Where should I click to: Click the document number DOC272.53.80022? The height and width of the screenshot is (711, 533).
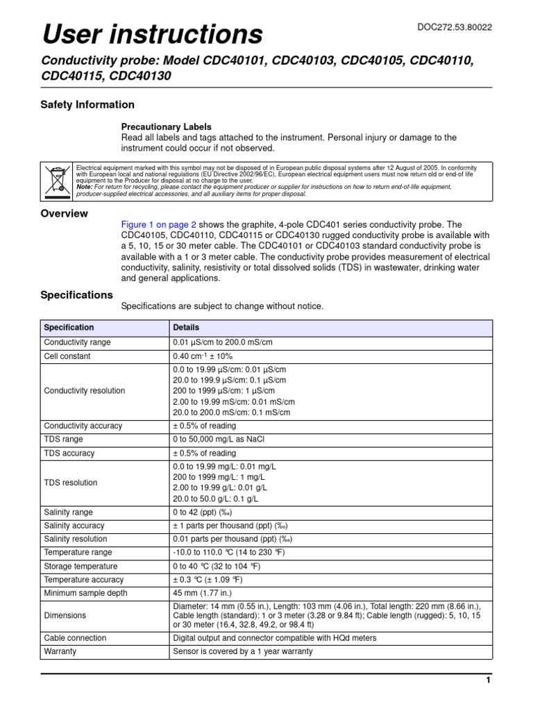tap(455, 27)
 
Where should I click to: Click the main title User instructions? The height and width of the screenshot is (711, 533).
tap(153, 33)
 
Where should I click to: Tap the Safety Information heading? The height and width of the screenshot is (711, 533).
tap(87, 105)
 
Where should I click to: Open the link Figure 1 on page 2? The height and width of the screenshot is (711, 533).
tap(159, 225)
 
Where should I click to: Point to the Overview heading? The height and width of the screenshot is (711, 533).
tap(65, 214)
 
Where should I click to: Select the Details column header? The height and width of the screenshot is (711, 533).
tap(186, 328)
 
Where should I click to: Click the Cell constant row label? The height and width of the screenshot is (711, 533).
tap(67, 356)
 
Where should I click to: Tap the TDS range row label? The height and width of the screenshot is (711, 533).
tap(64, 440)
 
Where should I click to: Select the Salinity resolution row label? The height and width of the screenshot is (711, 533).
tap(76, 539)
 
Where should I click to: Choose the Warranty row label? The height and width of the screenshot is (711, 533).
tap(60, 652)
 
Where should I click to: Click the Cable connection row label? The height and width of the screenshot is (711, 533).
tap(75, 637)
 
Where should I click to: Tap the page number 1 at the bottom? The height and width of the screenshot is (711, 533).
tap(489, 681)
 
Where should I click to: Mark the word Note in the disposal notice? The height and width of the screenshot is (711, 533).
tap(83, 187)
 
